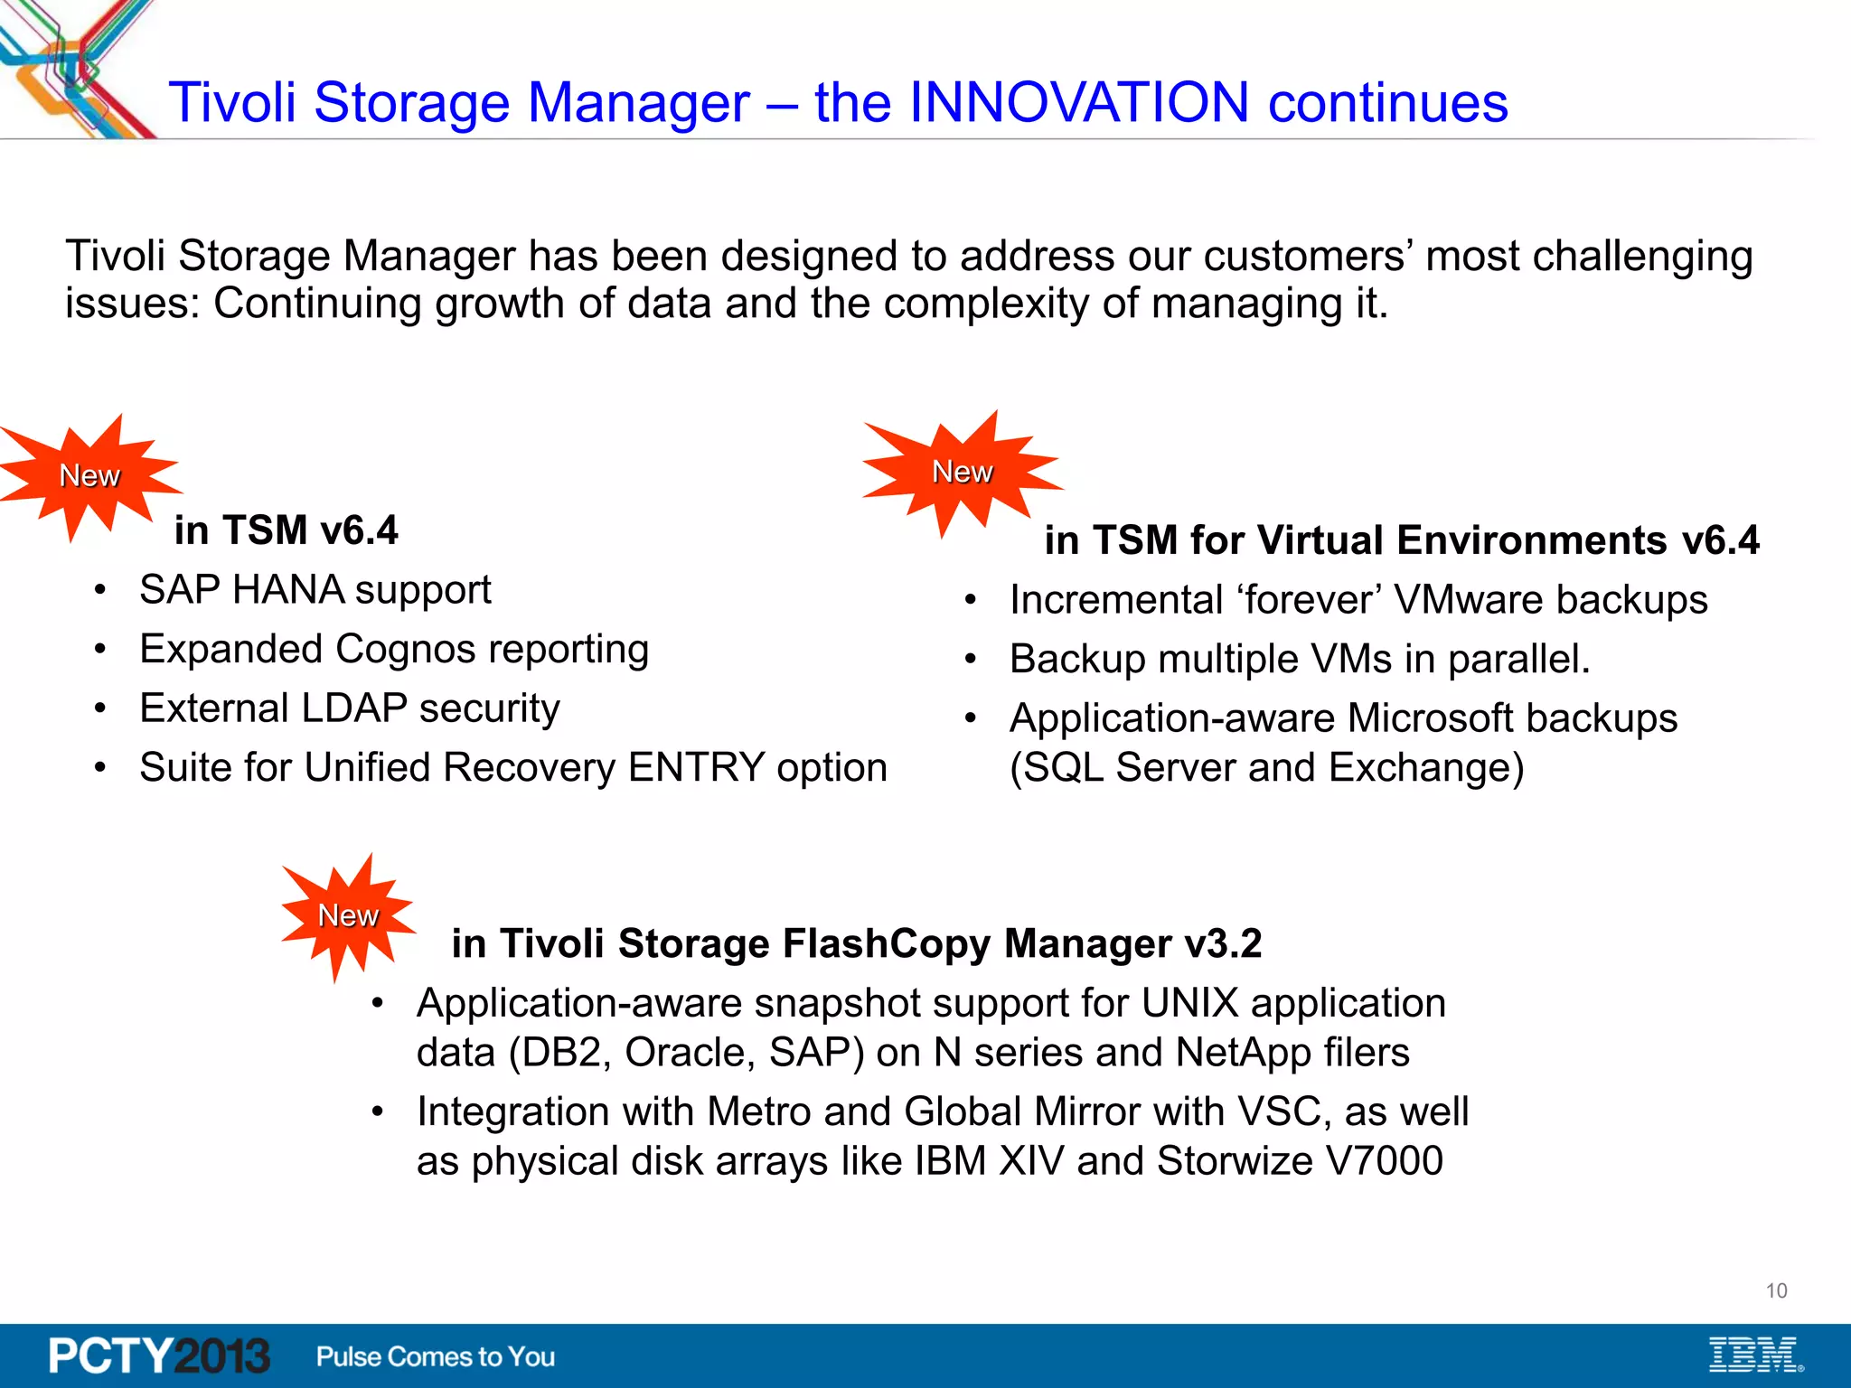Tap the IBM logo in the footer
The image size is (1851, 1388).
(1754, 1355)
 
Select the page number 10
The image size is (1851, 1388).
(1776, 1290)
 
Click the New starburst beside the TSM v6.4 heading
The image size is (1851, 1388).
(89, 476)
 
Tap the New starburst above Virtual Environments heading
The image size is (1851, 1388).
(962, 472)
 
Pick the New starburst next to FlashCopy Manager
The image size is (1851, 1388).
(348, 915)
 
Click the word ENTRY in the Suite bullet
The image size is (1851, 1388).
(696, 768)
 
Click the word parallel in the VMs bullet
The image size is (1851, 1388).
(1518, 660)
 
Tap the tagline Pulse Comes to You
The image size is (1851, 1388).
(435, 1356)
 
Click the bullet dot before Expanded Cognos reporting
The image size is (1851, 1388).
(100, 650)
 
